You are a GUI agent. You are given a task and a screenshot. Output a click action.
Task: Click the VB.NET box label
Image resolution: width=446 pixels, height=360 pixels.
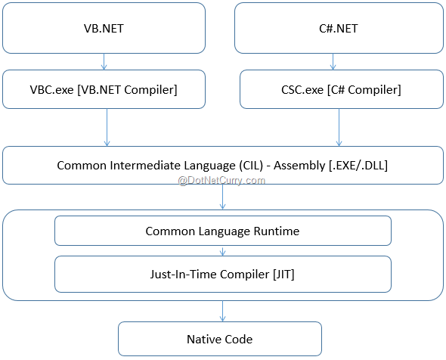(104, 29)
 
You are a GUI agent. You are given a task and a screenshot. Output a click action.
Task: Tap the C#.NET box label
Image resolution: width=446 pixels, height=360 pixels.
(339, 29)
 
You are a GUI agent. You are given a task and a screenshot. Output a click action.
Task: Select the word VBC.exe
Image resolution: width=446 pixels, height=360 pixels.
(51, 90)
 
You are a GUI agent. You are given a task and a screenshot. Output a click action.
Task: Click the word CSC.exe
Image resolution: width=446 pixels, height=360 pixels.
(302, 90)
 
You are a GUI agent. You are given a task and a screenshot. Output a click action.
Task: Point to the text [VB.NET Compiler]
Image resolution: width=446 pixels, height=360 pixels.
(127, 90)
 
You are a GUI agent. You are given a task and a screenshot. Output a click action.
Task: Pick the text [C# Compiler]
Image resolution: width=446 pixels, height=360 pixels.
(364, 90)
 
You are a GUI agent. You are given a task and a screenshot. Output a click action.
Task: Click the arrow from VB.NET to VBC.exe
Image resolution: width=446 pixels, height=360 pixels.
(104, 61)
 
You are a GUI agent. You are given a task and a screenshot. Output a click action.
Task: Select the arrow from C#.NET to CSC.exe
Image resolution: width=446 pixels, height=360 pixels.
(333, 61)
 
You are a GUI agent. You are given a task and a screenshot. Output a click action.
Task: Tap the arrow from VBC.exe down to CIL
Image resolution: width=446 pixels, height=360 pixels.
(107, 128)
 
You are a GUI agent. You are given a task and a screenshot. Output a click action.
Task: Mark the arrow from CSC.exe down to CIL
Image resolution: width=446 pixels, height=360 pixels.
(339, 128)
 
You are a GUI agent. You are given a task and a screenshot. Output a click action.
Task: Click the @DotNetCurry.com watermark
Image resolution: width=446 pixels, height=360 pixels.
(221, 181)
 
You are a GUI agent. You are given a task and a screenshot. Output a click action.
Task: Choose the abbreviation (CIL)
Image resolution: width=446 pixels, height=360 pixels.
(251, 166)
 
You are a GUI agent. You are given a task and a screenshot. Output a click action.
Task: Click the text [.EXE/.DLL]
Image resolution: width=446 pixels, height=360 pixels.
(358, 166)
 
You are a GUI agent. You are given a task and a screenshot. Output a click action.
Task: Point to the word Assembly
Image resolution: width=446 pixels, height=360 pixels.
(299, 166)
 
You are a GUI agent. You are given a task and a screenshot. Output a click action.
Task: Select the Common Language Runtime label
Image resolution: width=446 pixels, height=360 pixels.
(222, 231)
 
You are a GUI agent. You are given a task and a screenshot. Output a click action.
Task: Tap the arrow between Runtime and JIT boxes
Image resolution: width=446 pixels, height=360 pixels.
(223, 251)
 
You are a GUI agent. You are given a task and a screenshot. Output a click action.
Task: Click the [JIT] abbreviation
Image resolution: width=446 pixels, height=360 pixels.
(283, 275)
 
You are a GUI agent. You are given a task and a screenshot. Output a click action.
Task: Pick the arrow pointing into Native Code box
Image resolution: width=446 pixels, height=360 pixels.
(223, 312)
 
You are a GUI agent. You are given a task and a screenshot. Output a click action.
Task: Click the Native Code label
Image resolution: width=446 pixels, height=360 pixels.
(219, 340)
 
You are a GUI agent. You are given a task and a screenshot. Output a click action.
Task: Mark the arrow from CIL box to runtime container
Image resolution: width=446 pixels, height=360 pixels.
(223, 197)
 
